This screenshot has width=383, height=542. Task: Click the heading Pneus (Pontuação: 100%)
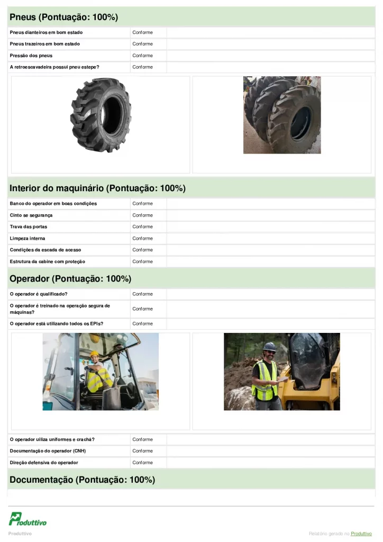click(x=63, y=17)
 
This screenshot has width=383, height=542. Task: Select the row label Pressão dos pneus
click(x=31, y=56)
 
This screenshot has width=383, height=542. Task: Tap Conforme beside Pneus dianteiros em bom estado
click(x=142, y=32)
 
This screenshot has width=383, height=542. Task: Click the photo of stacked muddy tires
click(x=282, y=115)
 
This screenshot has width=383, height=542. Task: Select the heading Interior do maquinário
click(x=97, y=188)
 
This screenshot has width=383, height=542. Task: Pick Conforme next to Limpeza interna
click(x=142, y=238)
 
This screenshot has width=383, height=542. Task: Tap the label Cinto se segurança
click(x=31, y=215)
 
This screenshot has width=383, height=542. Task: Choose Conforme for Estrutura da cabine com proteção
click(x=142, y=261)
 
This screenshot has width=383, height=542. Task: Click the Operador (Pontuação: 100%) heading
click(x=70, y=279)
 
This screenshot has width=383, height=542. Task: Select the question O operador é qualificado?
click(x=39, y=294)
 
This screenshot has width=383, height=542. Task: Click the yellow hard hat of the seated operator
click(x=94, y=354)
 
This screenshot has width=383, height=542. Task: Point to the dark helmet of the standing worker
click(x=270, y=346)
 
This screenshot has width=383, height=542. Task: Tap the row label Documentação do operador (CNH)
click(x=48, y=451)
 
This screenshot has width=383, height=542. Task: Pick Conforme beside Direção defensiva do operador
click(x=142, y=463)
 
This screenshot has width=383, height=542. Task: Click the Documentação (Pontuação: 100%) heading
click(x=82, y=480)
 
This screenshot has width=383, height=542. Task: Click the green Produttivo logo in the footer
click(x=28, y=519)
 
